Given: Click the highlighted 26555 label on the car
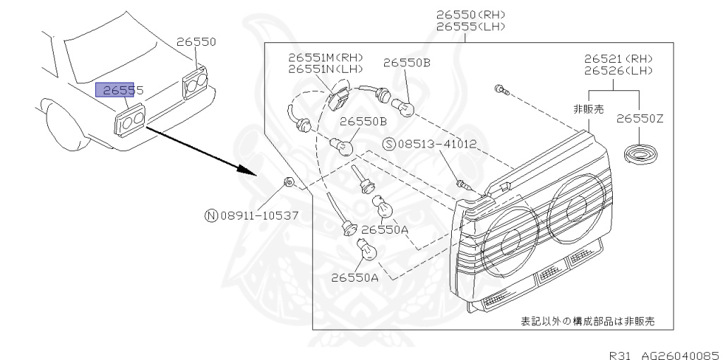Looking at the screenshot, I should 120,90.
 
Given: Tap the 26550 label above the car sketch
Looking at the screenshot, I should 196,42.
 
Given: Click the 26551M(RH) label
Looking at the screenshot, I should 325,57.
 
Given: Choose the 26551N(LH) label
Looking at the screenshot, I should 325,69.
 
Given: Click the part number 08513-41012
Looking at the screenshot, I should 437,145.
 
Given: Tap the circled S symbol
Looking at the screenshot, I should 388,145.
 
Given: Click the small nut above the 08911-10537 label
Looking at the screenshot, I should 289,184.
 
